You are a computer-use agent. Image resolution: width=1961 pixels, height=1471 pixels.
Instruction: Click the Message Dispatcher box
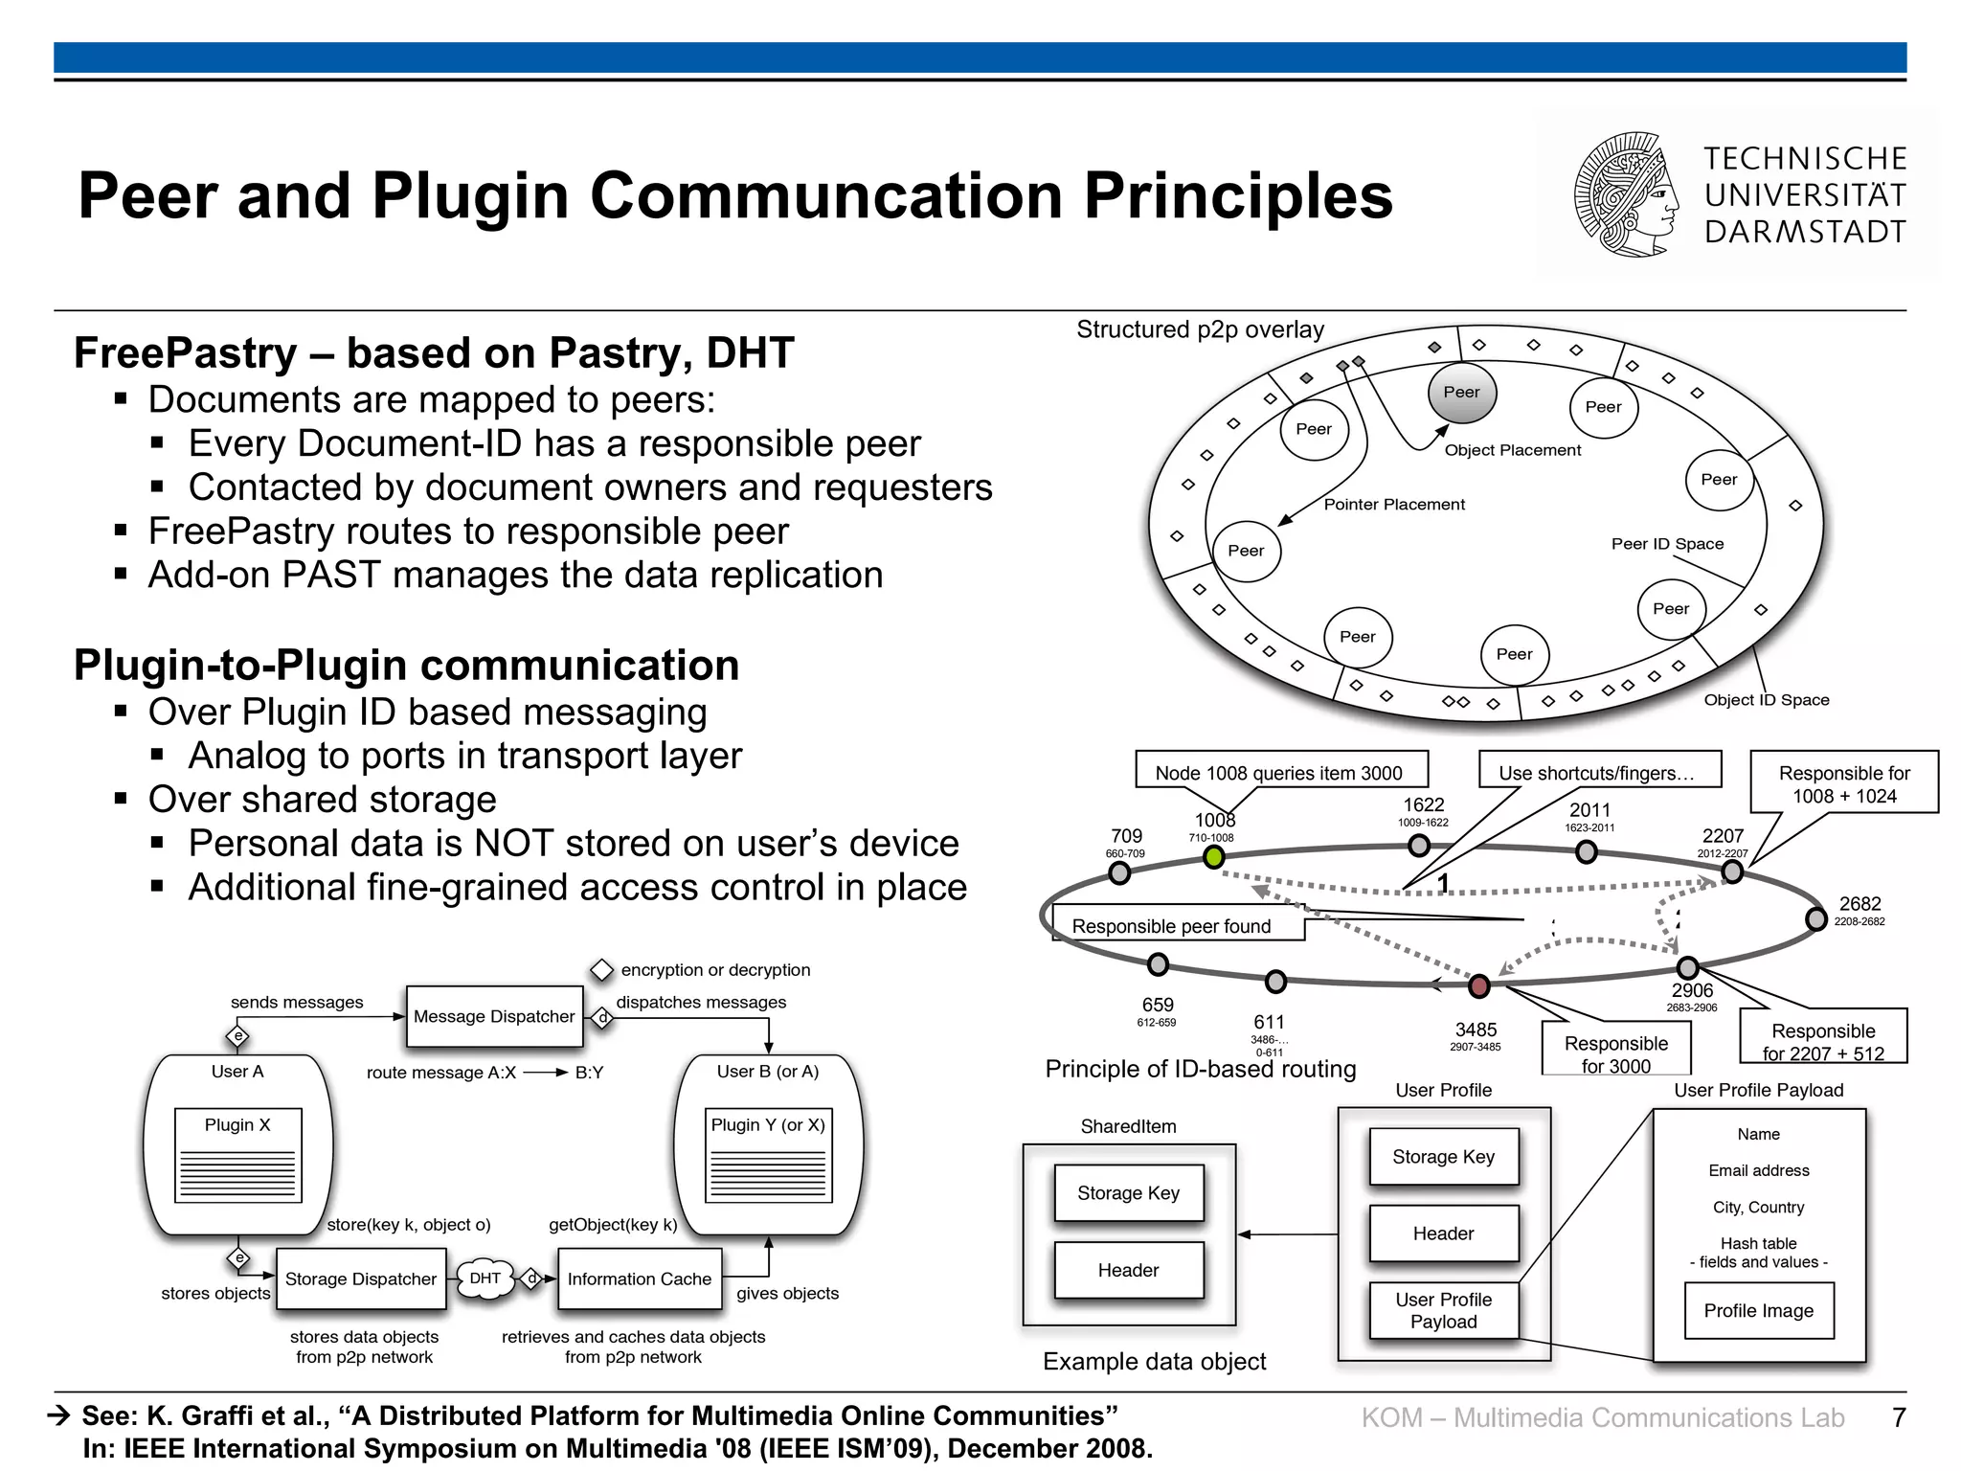point(494,1016)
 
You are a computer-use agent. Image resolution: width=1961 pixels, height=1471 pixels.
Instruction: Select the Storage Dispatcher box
point(360,1279)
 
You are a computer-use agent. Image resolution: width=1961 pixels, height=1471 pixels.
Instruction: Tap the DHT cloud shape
point(485,1279)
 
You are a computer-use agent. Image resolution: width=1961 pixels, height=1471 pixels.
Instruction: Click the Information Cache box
point(639,1279)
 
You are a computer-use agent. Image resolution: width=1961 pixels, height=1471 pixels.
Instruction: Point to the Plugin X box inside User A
point(237,1154)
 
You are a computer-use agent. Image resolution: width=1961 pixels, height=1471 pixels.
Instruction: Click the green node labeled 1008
point(1214,858)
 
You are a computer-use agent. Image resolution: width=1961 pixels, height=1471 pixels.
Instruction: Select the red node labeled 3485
point(1479,985)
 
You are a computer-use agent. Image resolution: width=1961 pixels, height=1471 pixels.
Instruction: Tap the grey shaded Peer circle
point(1461,392)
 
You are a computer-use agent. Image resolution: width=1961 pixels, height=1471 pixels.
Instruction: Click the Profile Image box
point(1758,1310)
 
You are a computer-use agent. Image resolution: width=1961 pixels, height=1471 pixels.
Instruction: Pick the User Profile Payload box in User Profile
point(1443,1310)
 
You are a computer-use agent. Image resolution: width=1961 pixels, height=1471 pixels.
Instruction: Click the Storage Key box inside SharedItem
point(1128,1192)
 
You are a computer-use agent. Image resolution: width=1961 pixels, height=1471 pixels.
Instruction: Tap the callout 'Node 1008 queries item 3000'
point(1279,772)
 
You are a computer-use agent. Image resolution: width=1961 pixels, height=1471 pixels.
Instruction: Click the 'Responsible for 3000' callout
point(1615,1052)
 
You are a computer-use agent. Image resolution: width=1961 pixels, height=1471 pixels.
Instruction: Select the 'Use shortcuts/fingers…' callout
point(1596,772)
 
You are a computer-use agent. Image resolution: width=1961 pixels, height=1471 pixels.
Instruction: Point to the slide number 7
point(1899,1417)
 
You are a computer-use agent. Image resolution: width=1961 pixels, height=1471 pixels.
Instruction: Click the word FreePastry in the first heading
point(185,352)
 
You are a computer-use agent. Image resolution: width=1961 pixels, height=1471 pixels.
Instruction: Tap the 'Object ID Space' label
point(1766,700)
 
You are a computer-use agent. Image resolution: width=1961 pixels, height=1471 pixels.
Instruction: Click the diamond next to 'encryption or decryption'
point(601,970)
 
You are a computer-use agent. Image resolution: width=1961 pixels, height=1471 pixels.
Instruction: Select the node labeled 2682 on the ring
point(1815,919)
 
